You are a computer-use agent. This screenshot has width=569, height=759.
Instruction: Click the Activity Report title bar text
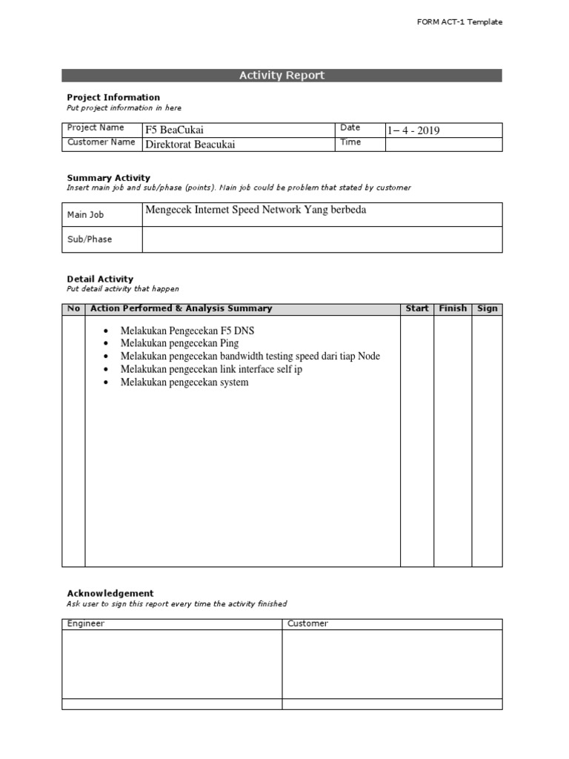point(282,76)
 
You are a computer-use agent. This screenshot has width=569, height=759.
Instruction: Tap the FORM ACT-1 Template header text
point(460,22)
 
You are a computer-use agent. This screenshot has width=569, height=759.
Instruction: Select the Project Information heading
point(113,97)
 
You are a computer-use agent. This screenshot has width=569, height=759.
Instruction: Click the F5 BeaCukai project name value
point(174,130)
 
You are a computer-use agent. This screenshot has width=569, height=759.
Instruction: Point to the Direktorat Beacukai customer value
point(190,145)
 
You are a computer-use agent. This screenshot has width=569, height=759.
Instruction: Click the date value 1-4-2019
point(413,130)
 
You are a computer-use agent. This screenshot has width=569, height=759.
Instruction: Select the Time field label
point(350,142)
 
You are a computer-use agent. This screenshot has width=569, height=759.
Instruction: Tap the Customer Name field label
point(102,142)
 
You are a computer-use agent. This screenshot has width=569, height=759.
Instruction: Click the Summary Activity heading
point(108,178)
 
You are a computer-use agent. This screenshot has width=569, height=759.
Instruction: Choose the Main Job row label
point(86,215)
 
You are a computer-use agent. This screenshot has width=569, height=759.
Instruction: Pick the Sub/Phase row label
point(90,239)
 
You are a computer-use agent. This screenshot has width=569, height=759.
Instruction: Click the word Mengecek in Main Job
point(167,210)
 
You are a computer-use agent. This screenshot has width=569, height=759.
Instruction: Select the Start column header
point(417,308)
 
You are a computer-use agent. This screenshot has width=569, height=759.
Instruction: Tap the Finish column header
point(453,308)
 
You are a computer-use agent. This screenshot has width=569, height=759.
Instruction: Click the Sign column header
point(488,308)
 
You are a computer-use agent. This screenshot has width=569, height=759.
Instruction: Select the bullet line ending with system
point(184,382)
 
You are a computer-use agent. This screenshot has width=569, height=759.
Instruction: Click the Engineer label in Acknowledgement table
point(86,623)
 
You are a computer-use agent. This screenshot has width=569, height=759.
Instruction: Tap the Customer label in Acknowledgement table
point(307,623)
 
